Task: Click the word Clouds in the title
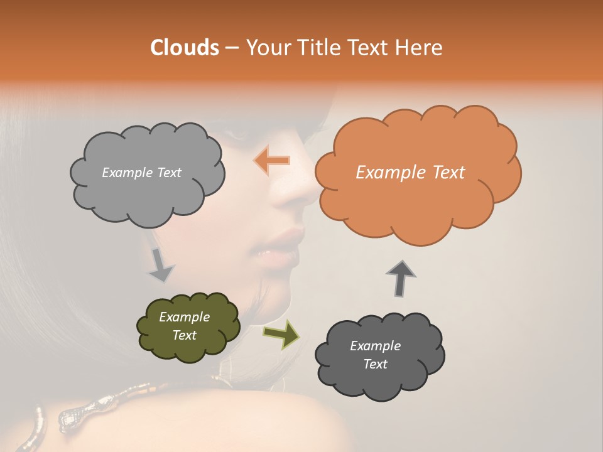pyautogui.click(x=185, y=48)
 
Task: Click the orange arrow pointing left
pyautogui.click(x=272, y=161)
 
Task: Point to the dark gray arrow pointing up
pyautogui.click(x=401, y=277)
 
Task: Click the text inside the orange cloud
pyautogui.click(x=410, y=173)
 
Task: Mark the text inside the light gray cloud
pyautogui.click(x=141, y=173)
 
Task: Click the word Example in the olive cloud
pyautogui.click(x=184, y=317)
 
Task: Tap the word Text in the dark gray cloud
pyautogui.click(x=375, y=364)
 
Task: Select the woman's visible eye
pyautogui.click(x=237, y=133)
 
